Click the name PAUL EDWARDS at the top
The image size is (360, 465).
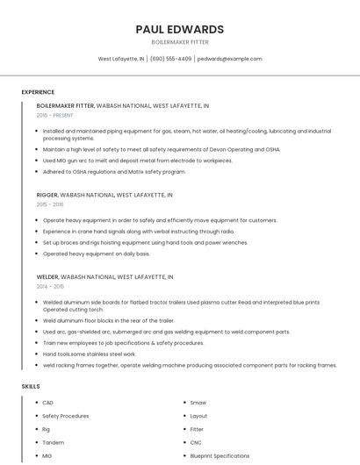click(x=180, y=29)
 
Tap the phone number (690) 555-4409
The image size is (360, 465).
click(x=170, y=59)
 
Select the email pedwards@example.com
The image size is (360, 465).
click(x=229, y=59)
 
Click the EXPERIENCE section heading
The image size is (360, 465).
click(x=38, y=92)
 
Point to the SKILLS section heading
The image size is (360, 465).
click(x=31, y=386)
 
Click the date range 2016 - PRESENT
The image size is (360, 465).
click(x=55, y=115)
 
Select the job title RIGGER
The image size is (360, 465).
click(x=47, y=195)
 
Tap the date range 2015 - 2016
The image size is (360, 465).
click(x=50, y=204)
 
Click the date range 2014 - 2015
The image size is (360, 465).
click(x=50, y=286)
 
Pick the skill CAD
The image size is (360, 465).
click(x=47, y=403)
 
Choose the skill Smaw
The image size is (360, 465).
click(x=198, y=403)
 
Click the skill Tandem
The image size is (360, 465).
click(x=52, y=443)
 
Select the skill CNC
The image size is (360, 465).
click(x=197, y=443)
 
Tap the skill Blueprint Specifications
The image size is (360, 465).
click(x=220, y=456)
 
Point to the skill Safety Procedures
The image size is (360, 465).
click(x=66, y=416)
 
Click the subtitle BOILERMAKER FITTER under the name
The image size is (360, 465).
click(x=180, y=42)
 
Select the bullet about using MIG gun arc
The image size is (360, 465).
click(x=137, y=161)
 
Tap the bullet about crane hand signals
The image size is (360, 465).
click(x=138, y=232)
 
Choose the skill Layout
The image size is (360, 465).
click(x=198, y=416)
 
